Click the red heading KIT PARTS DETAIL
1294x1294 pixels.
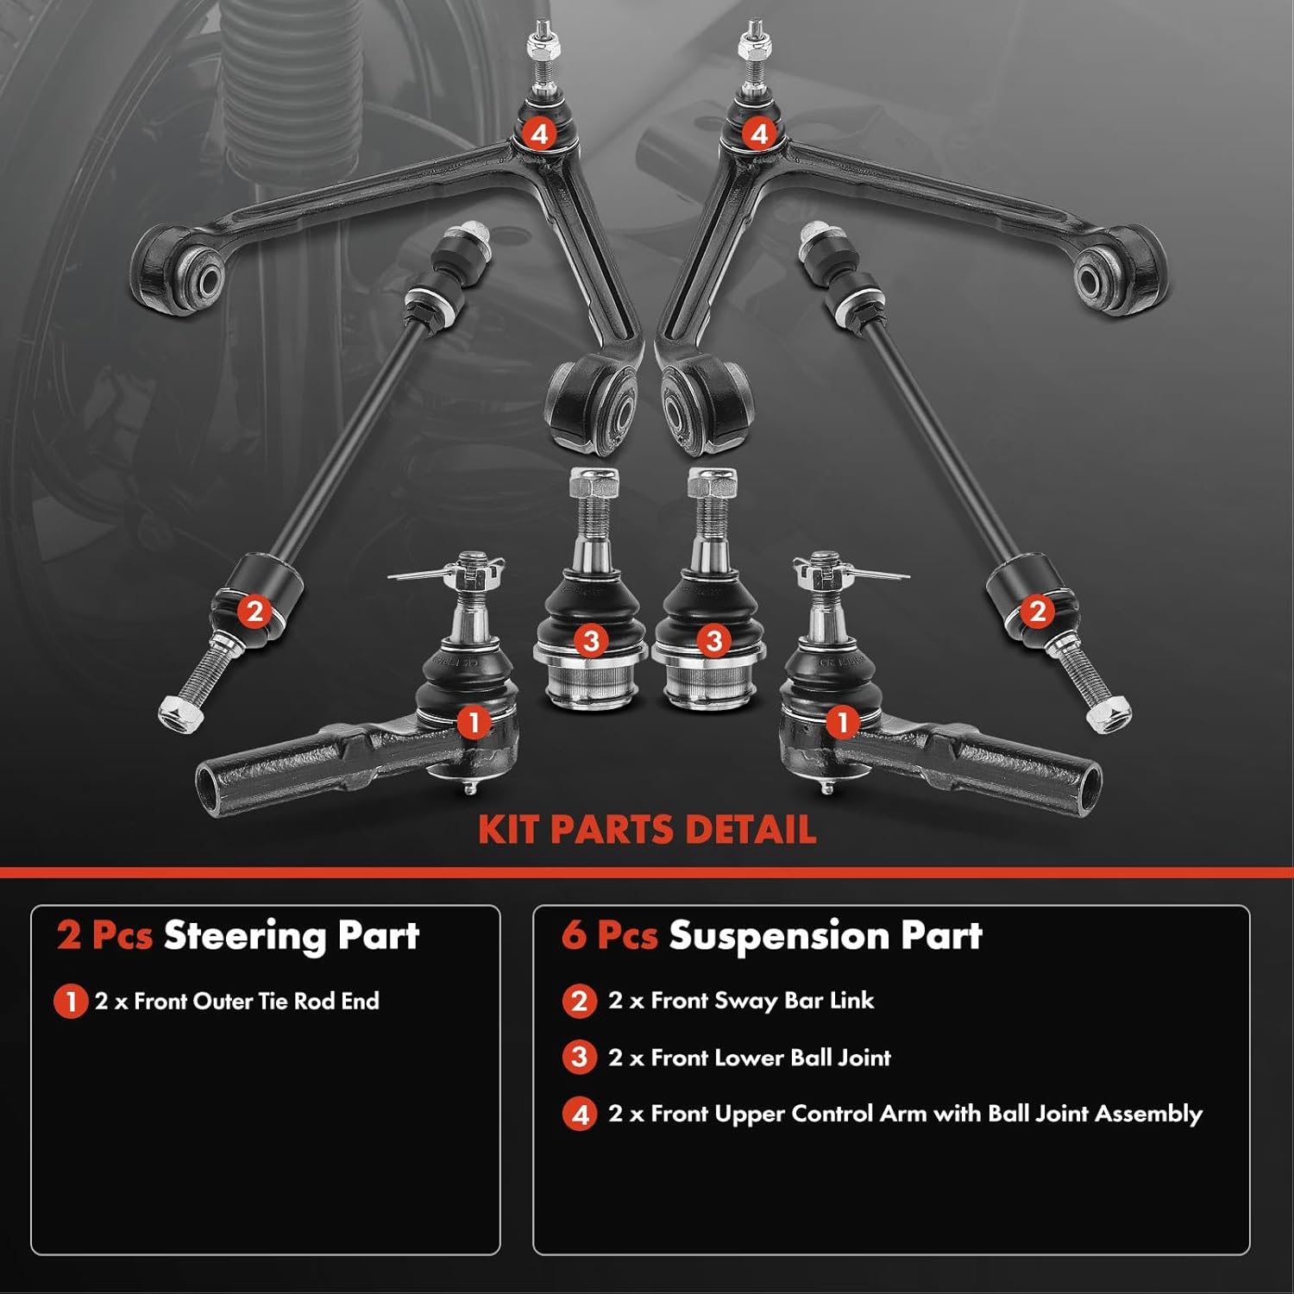click(x=647, y=829)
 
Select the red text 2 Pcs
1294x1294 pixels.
click(x=104, y=936)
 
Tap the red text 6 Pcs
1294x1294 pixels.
click(x=609, y=936)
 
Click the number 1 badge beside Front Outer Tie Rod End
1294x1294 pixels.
click(x=70, y=1002)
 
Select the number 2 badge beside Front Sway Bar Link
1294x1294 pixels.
click(x=580, y=1002)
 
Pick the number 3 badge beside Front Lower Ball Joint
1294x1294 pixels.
click(x=580, y=1058)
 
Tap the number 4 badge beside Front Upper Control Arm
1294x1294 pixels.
click(x=580, y=1115)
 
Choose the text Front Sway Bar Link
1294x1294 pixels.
click(x=762, y=1001)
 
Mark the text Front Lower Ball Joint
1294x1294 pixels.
click(x=770, y=1058)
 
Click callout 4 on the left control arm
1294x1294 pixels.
click(x=540, y=134)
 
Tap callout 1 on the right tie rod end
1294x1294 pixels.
click(x=842, y=722)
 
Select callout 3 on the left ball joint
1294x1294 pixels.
click(x=591, y=641)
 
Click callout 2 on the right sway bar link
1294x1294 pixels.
click(x=1036, y=612)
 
